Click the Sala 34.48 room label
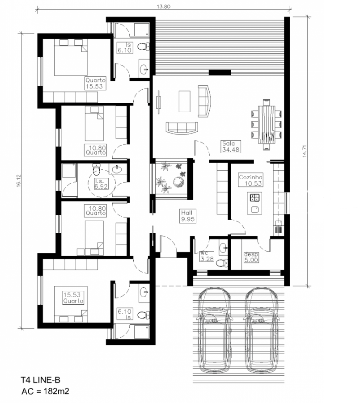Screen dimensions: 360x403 tap(231, 147)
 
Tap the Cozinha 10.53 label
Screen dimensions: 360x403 tap(250, 180)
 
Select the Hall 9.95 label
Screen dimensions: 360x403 tap(187, 216)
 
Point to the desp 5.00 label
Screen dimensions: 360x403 tap(251, 257)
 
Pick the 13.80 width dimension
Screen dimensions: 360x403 tap(164, 7)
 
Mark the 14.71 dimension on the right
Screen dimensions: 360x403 tap(305, 151)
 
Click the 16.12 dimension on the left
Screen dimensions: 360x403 tap(19, 181)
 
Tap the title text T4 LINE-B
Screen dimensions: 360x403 tap(41, 380)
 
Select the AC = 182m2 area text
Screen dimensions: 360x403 tap(45, 391)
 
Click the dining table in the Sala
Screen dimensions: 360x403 tap(267, 124)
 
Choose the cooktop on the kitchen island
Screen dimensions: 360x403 tap(255, 197)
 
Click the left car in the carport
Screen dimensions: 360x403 tap(214, 330)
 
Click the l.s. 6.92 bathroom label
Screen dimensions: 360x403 tap(101, 184)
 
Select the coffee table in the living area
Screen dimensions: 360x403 tap(185, 101)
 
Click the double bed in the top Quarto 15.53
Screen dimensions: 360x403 tap(71, 57)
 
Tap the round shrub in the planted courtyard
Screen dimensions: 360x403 tap(178, 182)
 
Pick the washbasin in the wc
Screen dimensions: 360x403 tap(223, 247)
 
